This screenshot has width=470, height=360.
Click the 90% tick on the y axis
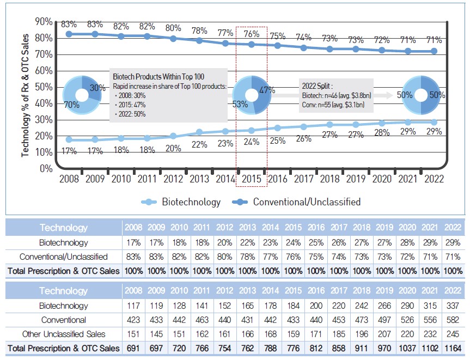pos(44,21)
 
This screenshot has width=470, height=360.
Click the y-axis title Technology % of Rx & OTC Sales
pos(25,95)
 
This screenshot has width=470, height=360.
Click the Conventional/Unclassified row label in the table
pos(63,256)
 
